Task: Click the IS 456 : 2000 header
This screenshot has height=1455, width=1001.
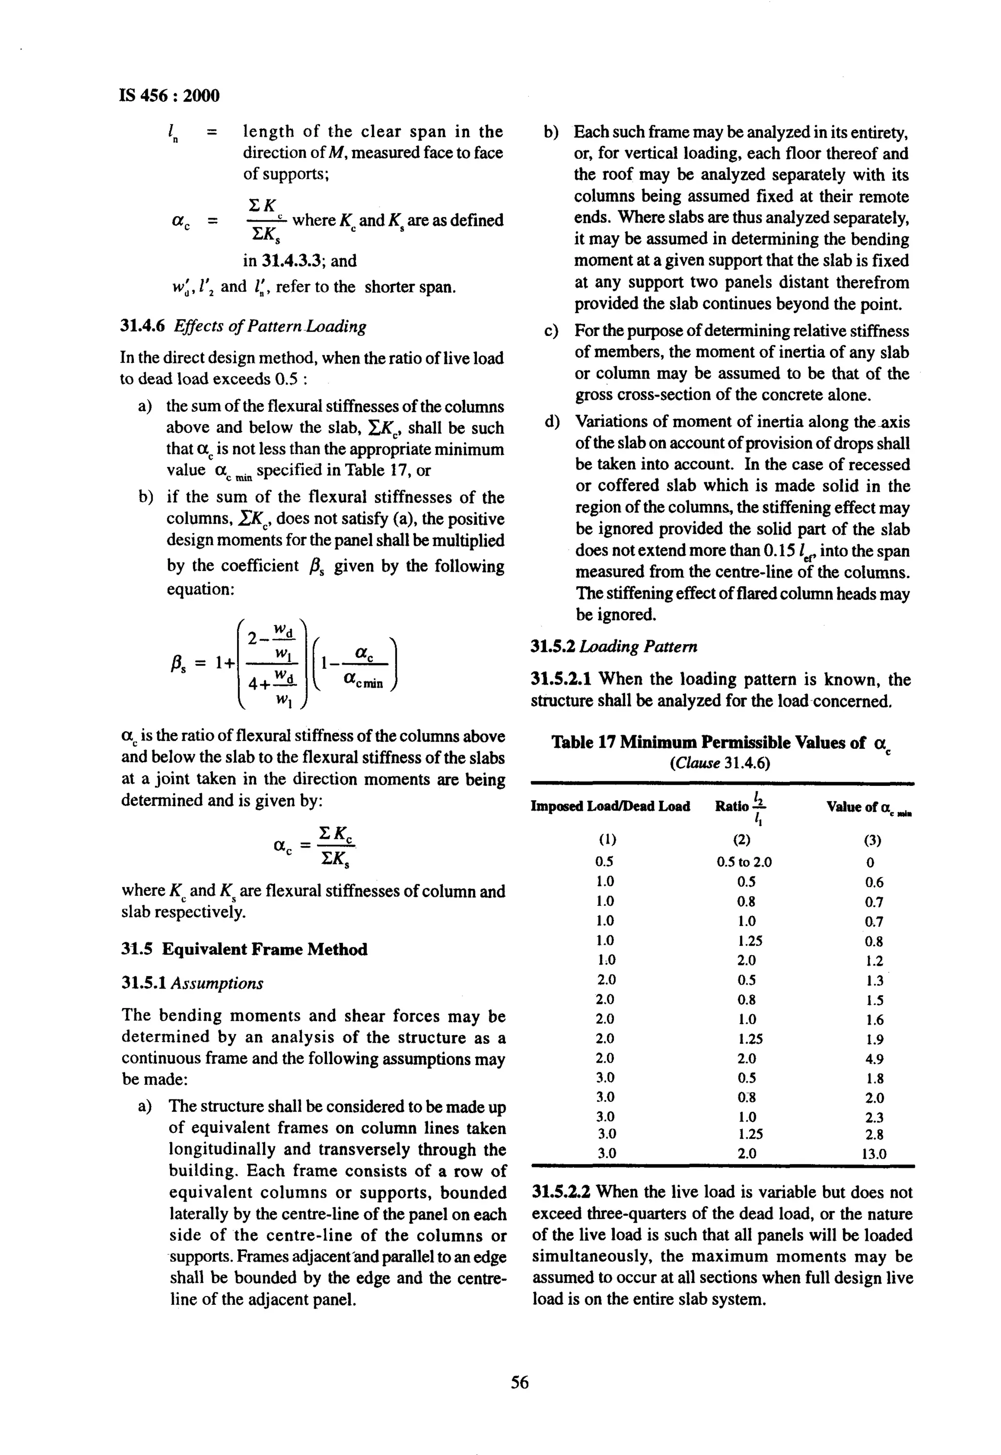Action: (x=169, y=96)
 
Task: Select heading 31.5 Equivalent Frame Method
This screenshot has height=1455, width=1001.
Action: (x=244, y=949)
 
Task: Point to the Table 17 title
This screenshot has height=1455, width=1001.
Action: (x=721, y=743)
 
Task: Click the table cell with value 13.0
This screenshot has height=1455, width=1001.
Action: (x=874, y=1154)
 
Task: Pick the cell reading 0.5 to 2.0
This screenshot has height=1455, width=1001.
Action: (x=744, y=862)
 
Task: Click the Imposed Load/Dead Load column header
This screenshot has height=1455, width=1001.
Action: (x=610, y=806)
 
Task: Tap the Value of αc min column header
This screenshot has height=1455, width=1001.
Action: (x=868, y=807)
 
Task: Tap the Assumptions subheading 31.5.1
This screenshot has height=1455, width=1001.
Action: (x=192, y=983)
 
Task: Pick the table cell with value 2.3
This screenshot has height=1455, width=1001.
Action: (x=874, y=1118)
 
